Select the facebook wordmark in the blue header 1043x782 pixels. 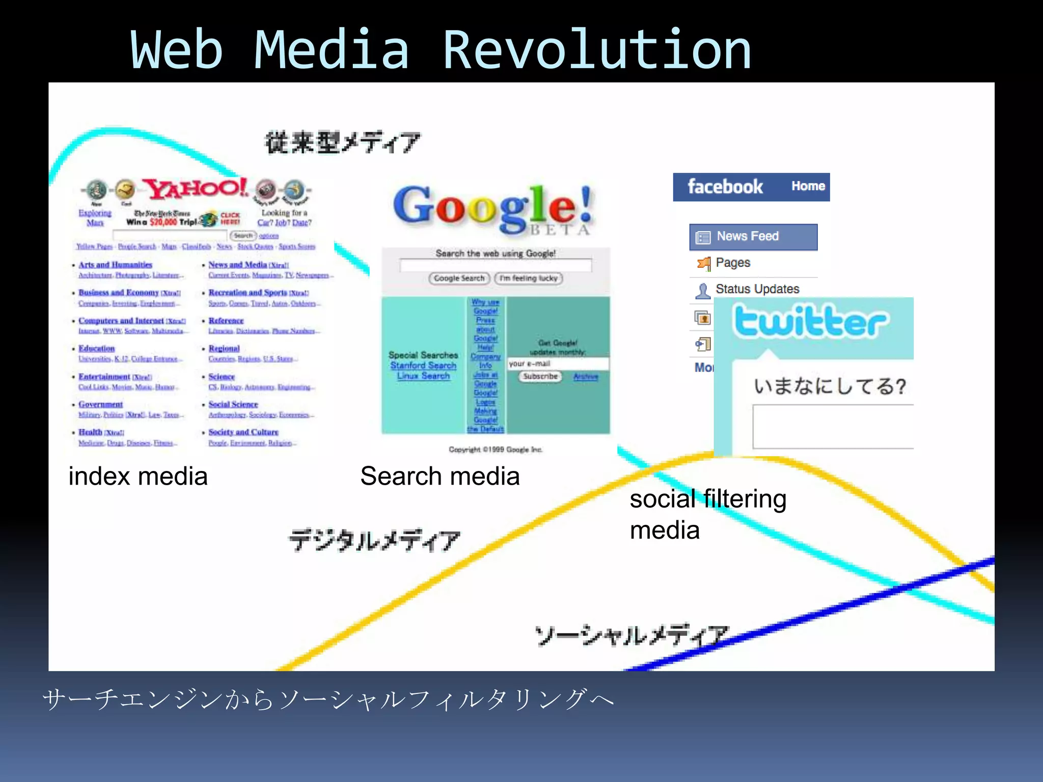point(725,187)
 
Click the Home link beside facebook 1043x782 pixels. point(808,186)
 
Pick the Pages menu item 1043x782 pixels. point(732,263)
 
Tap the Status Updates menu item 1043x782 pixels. point(757,289)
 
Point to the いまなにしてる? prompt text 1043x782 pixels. point(830,386)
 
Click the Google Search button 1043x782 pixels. point(459,278)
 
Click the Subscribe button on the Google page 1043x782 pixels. point(540,377)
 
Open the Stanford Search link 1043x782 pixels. point(423,366)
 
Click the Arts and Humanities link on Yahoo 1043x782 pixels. point(115,265)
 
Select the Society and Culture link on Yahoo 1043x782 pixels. point(243,432)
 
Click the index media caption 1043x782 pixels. point(138,477)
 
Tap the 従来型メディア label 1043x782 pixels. point(342,143)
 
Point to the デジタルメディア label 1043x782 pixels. point(374,541)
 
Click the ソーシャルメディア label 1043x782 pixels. point(632,636)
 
